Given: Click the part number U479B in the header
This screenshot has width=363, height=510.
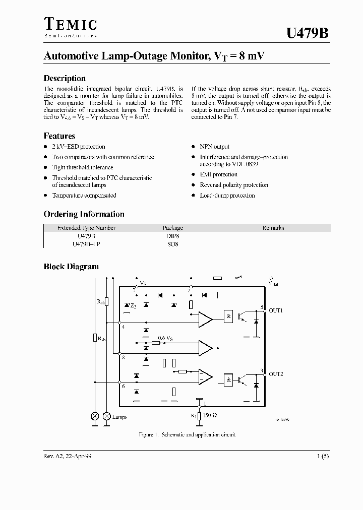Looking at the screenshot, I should [x=308, y=33].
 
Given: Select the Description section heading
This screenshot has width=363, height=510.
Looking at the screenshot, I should [x=65, y=79].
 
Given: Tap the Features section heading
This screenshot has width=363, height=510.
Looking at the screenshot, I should [x=59, y=136].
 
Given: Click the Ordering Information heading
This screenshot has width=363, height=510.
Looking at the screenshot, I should [x=84, y=214].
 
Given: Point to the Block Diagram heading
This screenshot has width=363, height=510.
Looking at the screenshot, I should [x=71, y=267].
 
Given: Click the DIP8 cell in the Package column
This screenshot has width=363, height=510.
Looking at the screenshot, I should [x=173, y=236].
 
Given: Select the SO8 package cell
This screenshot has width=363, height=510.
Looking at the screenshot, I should [x=173, y=244].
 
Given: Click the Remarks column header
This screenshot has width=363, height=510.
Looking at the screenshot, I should [x=273, y=228].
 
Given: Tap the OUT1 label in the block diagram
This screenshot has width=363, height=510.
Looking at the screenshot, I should [x=276, y=311].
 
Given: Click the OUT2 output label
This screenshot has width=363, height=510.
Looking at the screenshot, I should [x=276, y=374].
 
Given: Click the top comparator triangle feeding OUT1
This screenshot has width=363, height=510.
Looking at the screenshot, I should [x=205, y=319].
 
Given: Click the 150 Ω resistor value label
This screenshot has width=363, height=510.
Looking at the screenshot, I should [x=211, y=416].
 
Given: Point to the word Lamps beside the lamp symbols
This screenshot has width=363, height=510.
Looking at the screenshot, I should [x=119, y=417].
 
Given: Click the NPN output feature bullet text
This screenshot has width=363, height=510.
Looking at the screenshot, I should [x=215, y=147].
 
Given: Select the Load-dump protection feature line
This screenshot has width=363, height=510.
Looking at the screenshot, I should [x=227, y=196].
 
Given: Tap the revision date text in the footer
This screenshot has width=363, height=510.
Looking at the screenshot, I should [x=68, y=456].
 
